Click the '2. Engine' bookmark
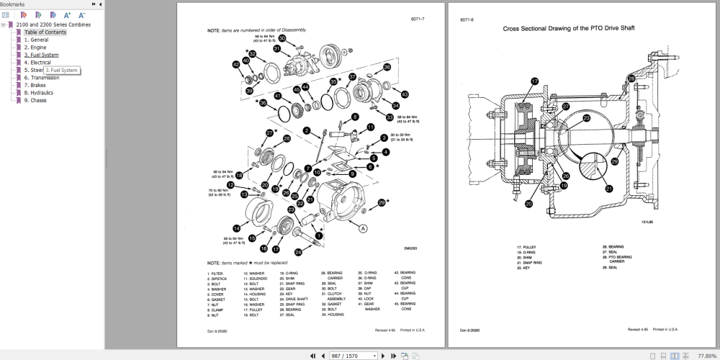pyautogui.click(x=36, y=48)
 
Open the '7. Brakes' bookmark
pyautogui.click(x=36, y=85)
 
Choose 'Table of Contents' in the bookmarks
pyautogui.click(x=45, y=32)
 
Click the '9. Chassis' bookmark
pyautogui.click(x=35, y=100)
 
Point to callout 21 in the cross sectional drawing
pyautogui.click(x=608, y=189)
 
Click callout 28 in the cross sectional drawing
pyautogui.click(x=631, y=78)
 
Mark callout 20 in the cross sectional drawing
pyautogui.click(x=528, y=204)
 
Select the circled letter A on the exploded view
pyautogui.click(x=363, y=228)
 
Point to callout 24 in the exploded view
pyautogui.click(x=298, y=252)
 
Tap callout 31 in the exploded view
pyautogui.click(x=276, y=49)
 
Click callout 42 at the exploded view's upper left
pyautogui.click(x=236, y=65)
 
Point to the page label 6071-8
pyautogui.click(x=467, y=19)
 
